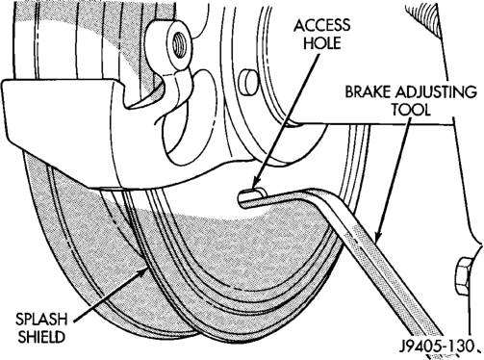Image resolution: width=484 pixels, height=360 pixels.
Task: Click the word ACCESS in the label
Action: (321, 26)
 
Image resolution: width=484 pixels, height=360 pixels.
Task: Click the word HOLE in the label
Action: (321, 42)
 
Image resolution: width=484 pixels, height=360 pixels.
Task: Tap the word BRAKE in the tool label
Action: (369, 92)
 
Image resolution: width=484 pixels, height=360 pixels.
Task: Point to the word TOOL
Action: (410, 110)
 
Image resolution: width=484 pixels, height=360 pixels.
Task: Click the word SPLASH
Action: (41, 320)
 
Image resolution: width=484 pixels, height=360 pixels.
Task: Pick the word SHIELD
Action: (41, 337)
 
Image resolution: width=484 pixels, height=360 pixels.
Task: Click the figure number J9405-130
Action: (437, 346)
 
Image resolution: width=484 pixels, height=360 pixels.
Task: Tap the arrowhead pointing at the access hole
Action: (256, 185)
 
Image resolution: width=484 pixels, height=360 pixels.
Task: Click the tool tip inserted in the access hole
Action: (248, 197)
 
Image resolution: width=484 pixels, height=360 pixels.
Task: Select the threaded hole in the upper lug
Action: (179, 46)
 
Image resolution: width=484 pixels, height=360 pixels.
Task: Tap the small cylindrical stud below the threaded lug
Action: (248, 82)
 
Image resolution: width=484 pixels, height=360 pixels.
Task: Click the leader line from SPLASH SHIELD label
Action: (108, 296)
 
